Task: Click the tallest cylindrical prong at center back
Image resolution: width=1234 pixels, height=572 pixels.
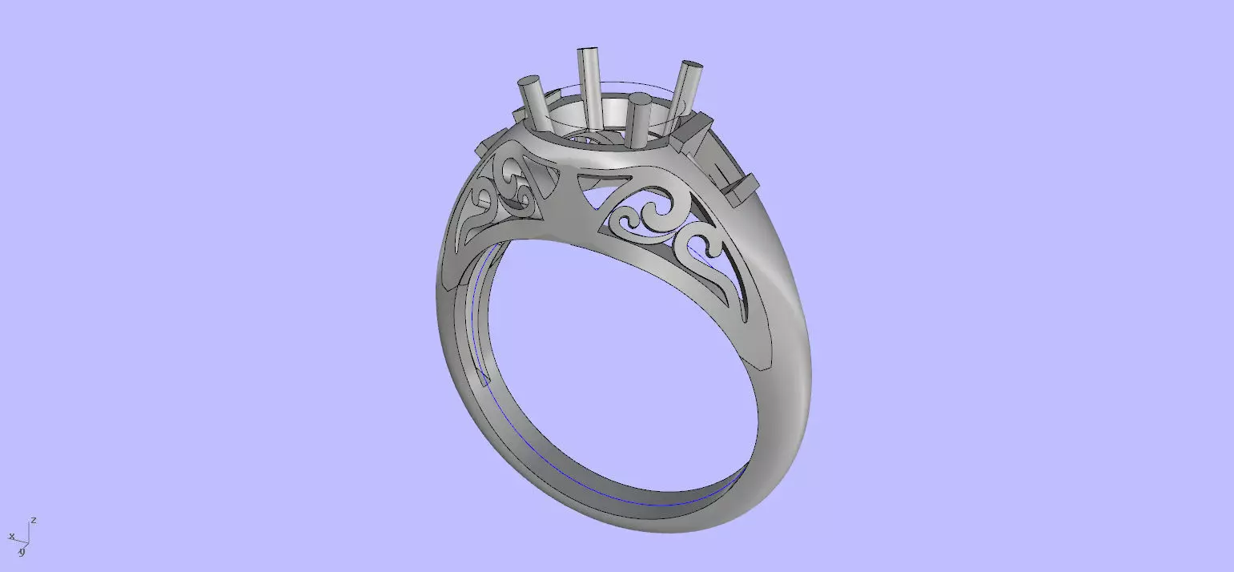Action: pos(590,88)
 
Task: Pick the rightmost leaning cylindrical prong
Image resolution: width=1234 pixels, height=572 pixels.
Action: pos(685,90)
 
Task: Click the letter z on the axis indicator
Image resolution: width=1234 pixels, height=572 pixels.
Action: pos(34,521)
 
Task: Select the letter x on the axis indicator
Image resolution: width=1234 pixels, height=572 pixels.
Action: pos(11,535)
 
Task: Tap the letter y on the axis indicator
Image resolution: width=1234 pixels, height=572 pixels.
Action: pos(22,551)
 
